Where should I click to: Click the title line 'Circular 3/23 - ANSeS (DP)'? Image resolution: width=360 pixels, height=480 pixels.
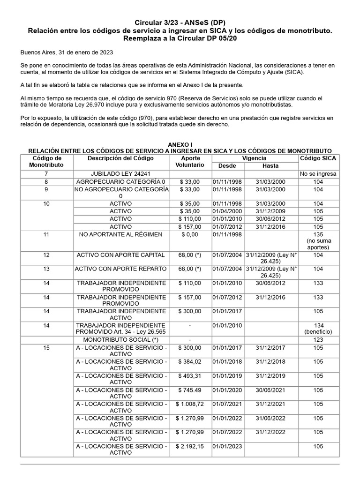click(x=180, y=22)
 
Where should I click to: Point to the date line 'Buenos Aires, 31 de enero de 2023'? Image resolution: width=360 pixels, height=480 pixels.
click(x=66, y=53)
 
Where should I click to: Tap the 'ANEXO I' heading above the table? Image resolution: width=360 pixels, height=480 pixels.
click(x=180, y=145)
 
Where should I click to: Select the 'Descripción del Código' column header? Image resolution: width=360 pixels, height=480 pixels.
click(x=120, y=158)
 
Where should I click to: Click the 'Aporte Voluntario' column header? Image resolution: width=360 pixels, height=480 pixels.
click(x=189, y=162)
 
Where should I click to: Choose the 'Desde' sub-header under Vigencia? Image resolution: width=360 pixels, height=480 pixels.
click(x=227, y=166)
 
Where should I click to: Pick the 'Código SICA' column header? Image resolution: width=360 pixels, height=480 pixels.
click(x=318, y=158)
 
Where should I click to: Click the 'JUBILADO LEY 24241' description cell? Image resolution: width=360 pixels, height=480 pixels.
click(x=120, y=174)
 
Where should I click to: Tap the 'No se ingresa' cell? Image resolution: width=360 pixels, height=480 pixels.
click(x=318, y=174)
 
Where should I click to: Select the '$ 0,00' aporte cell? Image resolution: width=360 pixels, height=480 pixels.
click(x=189, y=234)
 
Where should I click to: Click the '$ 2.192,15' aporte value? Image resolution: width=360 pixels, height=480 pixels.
click(x=189, y=446)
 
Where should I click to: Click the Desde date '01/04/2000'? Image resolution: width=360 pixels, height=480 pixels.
click(x=227, y=212)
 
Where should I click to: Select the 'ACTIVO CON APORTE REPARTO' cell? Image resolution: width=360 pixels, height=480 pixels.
click(x=120, y=269)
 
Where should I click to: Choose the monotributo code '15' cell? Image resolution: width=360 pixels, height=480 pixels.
click(x=46, y=348)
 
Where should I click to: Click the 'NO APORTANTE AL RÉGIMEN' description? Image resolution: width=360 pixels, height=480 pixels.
click(x=120, y=234)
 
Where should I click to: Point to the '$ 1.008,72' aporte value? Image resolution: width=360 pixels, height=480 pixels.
click(x=189, y=404)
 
